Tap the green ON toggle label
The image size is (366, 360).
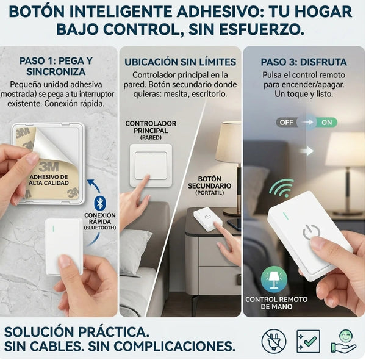tap(327, 122)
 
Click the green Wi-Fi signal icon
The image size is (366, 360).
tap(282, 188)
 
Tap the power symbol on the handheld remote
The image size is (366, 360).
tap(311, 232)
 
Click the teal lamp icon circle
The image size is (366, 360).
tap(274, 279)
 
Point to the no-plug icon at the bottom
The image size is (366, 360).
tap(273, 341)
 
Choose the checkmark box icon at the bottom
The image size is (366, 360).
tap(308, 341)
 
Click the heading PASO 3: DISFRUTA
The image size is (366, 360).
tap(304, 62)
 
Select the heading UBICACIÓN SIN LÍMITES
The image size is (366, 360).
tap(180, 62)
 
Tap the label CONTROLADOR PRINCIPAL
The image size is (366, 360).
tap(151, 127)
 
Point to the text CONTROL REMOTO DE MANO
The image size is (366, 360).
tap(277, 303)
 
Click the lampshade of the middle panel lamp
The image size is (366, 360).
tap(229, 142)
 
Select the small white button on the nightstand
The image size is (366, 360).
tap(207, 218)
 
